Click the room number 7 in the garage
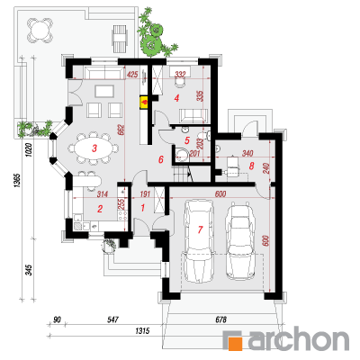coord(200,229)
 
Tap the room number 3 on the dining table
coord(94,148)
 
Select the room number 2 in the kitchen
coord(100,209)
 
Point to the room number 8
coord(251,166)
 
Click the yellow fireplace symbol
coord(144,103)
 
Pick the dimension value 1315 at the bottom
coord(142,331)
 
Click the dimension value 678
coord(220,319)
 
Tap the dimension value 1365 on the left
coord(17,181)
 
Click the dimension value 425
coord(132,74)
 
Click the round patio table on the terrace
coord(40,30)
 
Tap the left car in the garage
coord(199,241)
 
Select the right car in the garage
coord(240,241)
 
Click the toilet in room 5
coord(182,155)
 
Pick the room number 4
coord(176,98)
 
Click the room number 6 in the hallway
coord(161,159)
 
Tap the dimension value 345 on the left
coord(29,270)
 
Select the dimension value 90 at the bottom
coord(57,319)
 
